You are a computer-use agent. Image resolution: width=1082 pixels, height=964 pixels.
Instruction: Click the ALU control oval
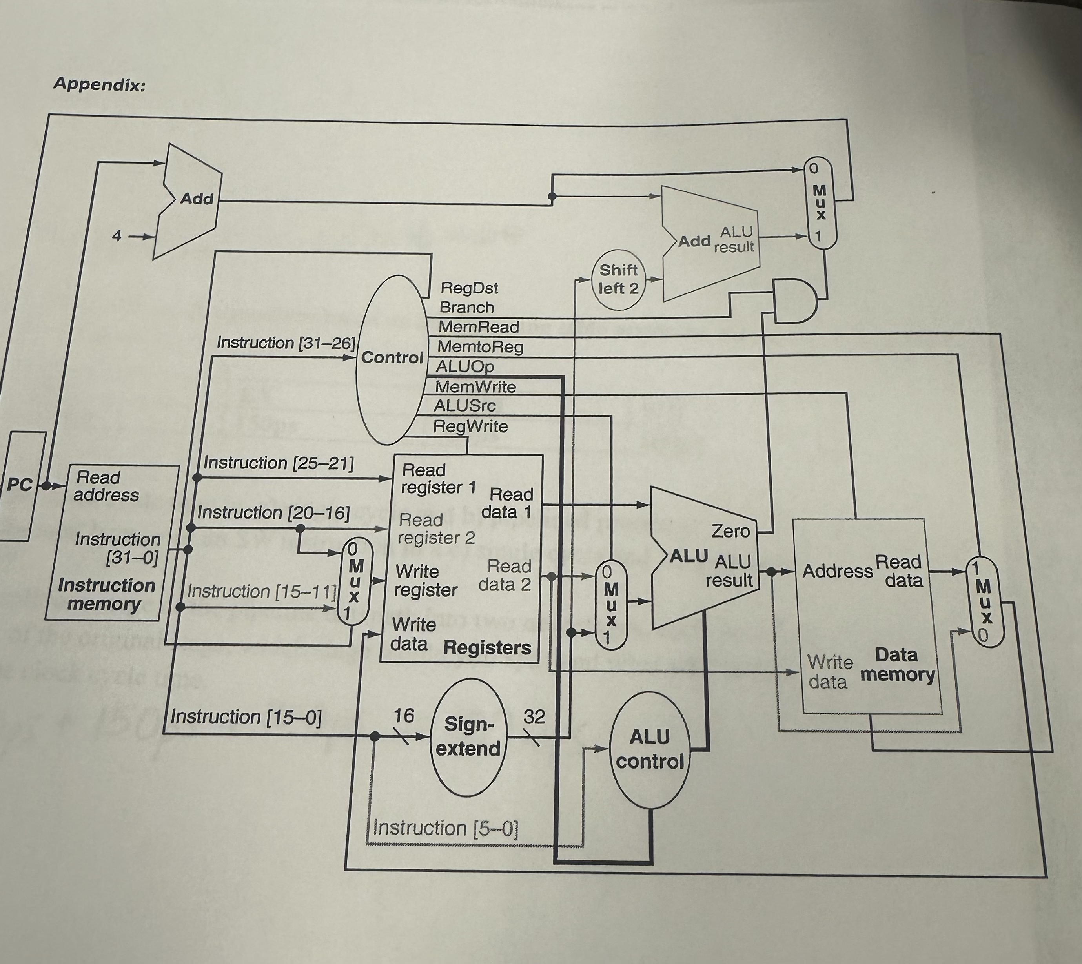(650, 749)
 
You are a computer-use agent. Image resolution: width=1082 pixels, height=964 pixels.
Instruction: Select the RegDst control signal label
(469, 288)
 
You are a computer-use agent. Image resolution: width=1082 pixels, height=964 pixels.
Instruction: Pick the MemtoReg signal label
(480, 347)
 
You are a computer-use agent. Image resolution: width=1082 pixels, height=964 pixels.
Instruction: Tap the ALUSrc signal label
(464, 406)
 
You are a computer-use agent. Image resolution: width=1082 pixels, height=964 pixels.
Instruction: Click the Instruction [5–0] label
(445, 827)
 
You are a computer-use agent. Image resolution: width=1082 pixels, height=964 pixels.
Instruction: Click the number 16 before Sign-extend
(404, 716)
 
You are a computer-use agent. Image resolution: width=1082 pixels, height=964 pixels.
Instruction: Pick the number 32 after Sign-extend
(534, 717)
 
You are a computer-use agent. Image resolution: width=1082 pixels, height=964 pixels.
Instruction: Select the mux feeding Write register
(354, 581)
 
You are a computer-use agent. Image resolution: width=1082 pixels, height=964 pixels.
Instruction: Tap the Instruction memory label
(106, 594)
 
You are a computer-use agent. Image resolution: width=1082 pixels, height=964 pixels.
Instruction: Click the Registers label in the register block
(487, 647)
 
